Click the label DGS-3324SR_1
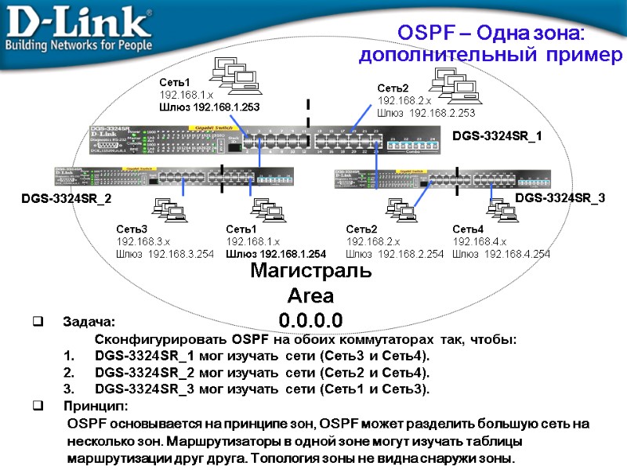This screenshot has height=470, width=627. click(497, 136)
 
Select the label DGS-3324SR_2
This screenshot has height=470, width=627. click(66, 200)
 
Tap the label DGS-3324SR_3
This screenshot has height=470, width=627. click(560, 199)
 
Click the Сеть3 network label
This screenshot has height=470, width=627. click(132, 229)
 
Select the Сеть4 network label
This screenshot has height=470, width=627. click(468, 229)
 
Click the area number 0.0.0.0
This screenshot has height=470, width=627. click(310, 320)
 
